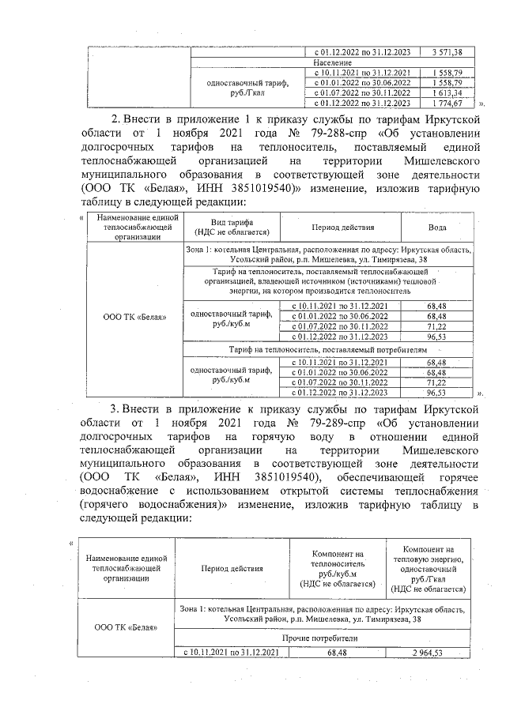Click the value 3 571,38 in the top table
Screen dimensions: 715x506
coord(447,51)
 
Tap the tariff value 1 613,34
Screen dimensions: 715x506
coord(447,92)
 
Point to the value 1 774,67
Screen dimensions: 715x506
coord(447,103)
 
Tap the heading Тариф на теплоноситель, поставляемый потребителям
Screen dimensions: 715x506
coord(316,348)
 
